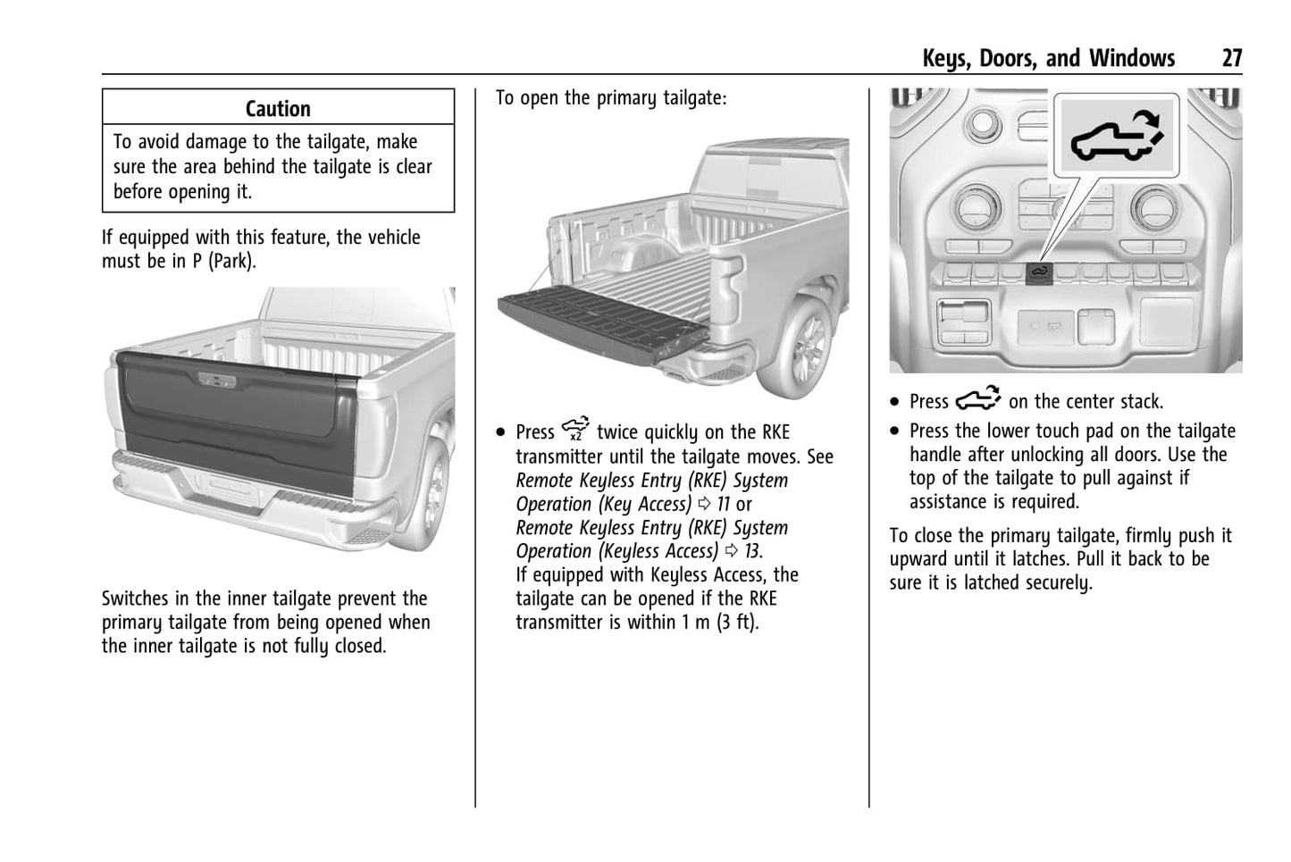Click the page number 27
tap(1231, 59)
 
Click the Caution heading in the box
tap(278, 109)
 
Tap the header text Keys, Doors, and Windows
tap(1048, 59)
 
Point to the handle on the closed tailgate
tap(219, 380)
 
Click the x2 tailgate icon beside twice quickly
tap(576, 430)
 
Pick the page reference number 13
tap(752, 551)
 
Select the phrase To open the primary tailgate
tap(611, 98)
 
